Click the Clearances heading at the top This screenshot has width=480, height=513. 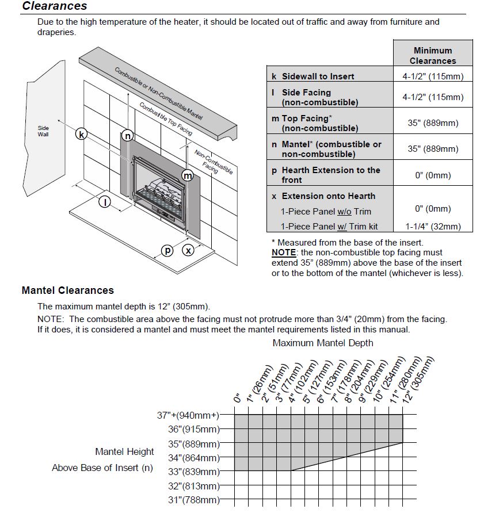tap(55, 6)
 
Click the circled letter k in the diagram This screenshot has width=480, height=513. tap(82, 135)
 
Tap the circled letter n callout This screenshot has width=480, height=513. tap(128, 136)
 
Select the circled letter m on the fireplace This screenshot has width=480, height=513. tap(188, 175)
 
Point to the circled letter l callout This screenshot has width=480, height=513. tap(105, 201)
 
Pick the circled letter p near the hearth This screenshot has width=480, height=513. tap(167, 250)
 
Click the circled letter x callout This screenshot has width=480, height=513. tap(188, 250)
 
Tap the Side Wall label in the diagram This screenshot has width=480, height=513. tap(44, 131)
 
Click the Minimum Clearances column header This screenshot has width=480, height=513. tap(432, 55)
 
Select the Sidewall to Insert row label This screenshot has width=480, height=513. tap(318, 76)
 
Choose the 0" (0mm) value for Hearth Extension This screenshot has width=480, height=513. tap(433, 175)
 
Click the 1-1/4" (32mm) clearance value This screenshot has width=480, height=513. tap(433, 226)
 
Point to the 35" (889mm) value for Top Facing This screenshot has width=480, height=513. tap(433, 123)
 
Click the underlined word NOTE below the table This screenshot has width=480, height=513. tap(283, 252)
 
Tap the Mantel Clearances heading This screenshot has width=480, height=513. tap(68, 290)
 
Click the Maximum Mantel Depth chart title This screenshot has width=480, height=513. tap(323, 343)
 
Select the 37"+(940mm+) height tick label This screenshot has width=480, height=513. tap(188, 415)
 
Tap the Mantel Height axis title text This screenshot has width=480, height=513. tap(125, 451)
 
